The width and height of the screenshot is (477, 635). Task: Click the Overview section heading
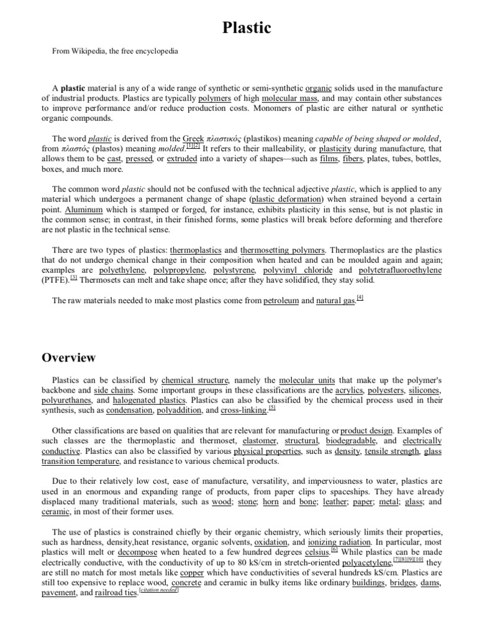click(x=68, y=357)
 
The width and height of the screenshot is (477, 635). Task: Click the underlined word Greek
click(x=193, y=139)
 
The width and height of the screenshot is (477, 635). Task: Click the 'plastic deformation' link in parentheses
click(x=286, y=200)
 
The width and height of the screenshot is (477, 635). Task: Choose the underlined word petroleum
click(x=282, y=301)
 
